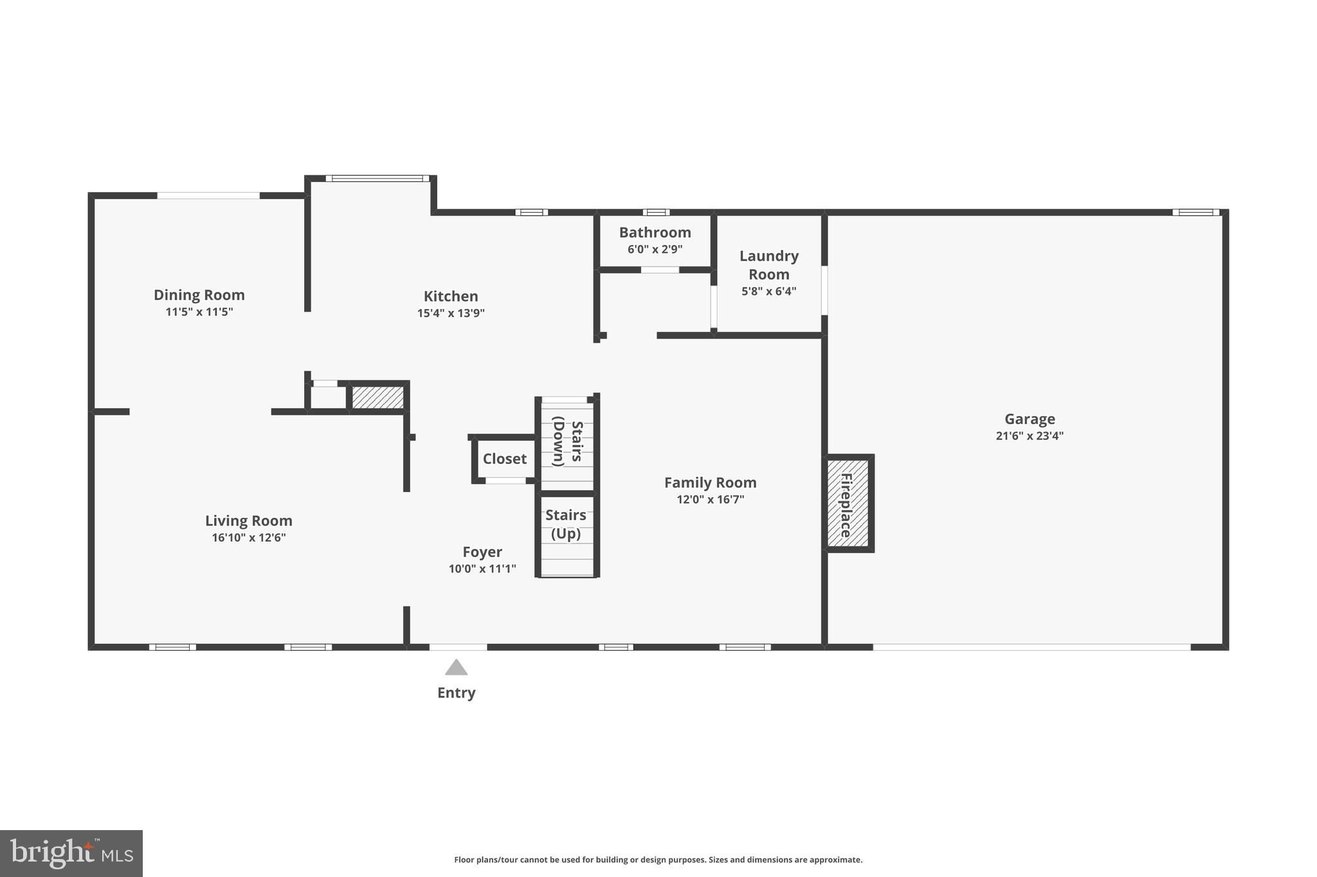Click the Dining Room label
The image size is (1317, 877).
pyautogui.click(x=199, y=295)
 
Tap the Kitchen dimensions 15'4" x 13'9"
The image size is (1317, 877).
pyautogui.click(x=451, y=313)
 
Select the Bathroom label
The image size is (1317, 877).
pyautogui.click(x=655, y=233)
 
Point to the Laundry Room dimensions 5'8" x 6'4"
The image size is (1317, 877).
pyautogui.click(x=769, y=291)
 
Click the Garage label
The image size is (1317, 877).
pyautogui.click(x=1030, y=419)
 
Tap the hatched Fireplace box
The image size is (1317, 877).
pyautogui.click(x=848, y=503)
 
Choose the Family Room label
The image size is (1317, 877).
pyautogui.click(x=711, y=483)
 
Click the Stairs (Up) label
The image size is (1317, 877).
pyautogui.click(x=566, y=524)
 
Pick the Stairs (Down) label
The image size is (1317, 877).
pyautogui.click(x=568, y=441)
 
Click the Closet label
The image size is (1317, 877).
pyautogui.click(x=505, y=459)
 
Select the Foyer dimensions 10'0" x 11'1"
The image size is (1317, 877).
pyautogui.click(x=482, y=569)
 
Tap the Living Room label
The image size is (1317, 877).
pyautogui.click(x=249, y=520)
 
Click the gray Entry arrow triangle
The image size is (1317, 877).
pyautogui.click(x=457, y=668)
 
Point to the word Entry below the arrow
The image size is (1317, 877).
pyautogui.click(x=457, y=693)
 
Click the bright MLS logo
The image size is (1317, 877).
pyautogui.click(x=71, y=853)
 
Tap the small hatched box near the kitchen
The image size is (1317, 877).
pyautogui.click(x=378, y=397)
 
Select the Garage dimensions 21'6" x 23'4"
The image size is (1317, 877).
pyautogui.click(x=1030, y=436)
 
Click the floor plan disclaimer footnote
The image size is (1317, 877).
pyautogui.click(x=658, y=860)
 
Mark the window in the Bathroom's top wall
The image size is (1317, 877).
pyautogui.click(x=656, y=212)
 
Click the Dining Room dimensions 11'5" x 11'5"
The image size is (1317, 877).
pyautogui.click(x=199, y=312)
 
